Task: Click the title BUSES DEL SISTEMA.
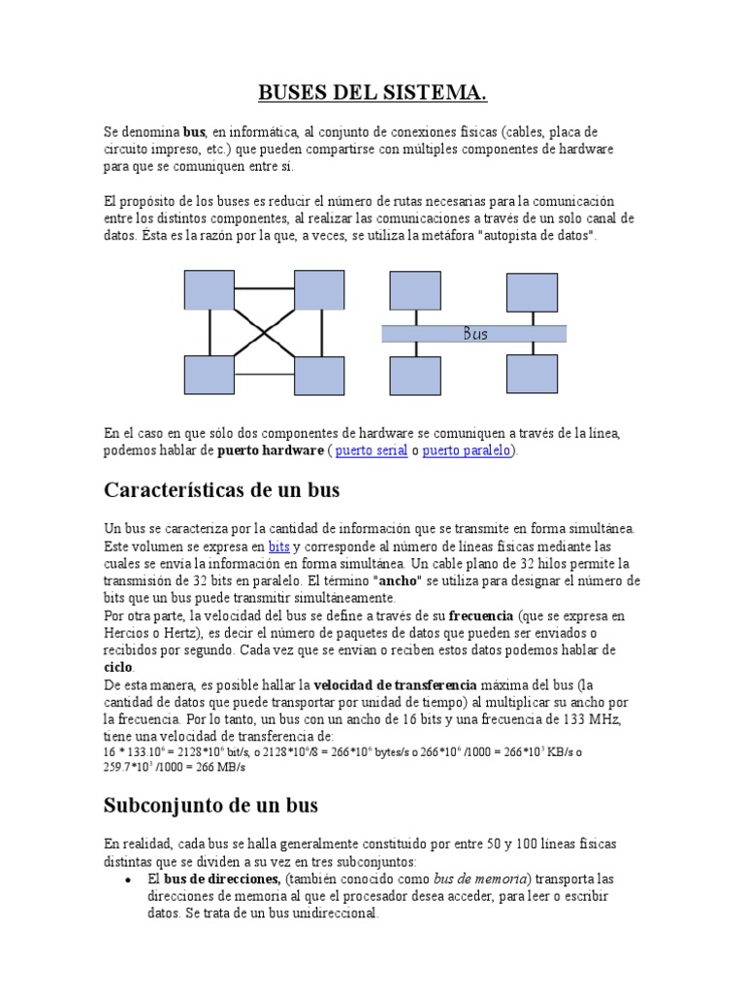coord(372,93)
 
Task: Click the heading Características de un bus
coord(221,490)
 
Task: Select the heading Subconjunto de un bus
coord(211,805)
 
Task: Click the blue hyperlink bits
coord(279,547)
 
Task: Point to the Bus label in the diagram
coord(475,334)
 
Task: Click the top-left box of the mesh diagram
coord(210,289)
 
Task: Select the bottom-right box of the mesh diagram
coord(319,376)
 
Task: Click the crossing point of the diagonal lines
coord(264,332)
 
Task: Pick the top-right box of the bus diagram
coord(532,291)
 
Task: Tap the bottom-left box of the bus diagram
coord(415,374)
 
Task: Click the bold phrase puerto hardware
coord(270,451)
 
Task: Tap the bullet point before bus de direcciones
coord(129,878)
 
